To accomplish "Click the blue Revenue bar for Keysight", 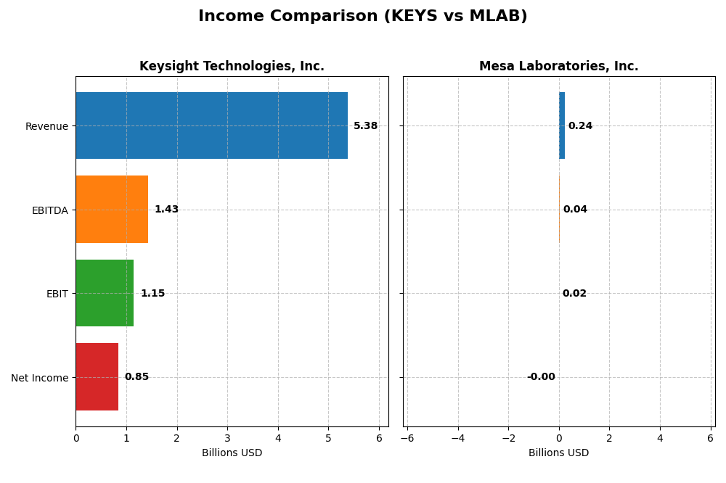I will point(211,125).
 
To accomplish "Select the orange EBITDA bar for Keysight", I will point(112,209).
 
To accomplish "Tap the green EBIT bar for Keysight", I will point(105,293).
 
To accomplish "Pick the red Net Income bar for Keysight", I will point(97,376).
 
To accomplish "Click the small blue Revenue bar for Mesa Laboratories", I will point(562,125).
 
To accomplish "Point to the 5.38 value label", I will point(365,126).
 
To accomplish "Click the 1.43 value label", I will point(166,210).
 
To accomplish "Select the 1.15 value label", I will point(152,294).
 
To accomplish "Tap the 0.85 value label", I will point(136,377).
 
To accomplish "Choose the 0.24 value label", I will point(580,126).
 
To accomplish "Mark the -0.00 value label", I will point(541,377).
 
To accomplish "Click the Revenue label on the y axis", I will point(46,127).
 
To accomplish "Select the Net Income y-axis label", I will point(40,378).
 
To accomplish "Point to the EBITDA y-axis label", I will point(49,210).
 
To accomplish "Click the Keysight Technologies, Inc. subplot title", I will point(232,67).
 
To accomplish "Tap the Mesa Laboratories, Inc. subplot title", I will point(558,67).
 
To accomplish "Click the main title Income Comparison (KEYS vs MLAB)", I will point(363,17).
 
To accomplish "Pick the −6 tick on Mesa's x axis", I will point(407,438).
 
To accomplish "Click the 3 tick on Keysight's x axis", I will point(227,438).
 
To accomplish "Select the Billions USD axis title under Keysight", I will point(232,453).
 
